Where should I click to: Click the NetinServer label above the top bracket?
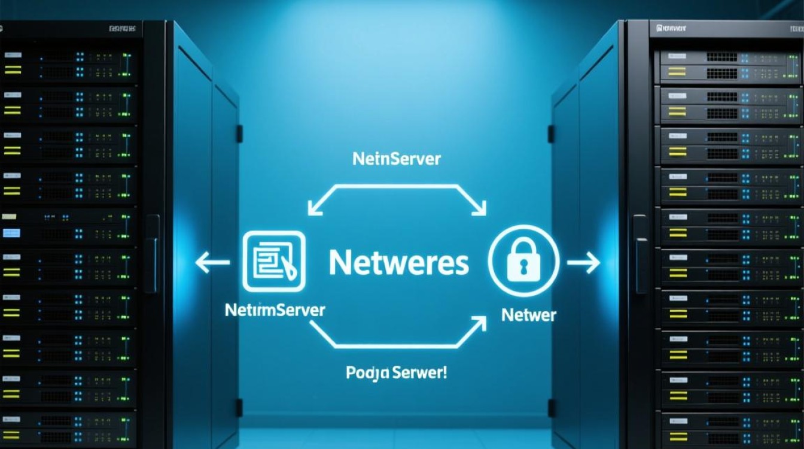pyautogui.click(x=397, y=159)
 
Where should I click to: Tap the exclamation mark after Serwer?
pyautogui.click(x=444, y=372)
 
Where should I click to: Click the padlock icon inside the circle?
pyautogui.click(x=523, y=261)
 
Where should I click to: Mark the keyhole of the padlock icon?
pyautogui.click(x=523, y=267)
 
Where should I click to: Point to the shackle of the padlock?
pyautogui.click(x=523, y=247)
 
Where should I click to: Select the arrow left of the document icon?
pyautogui.click(x=212, y=262)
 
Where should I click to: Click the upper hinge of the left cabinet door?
pyautogui.click(x=239, y=133)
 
